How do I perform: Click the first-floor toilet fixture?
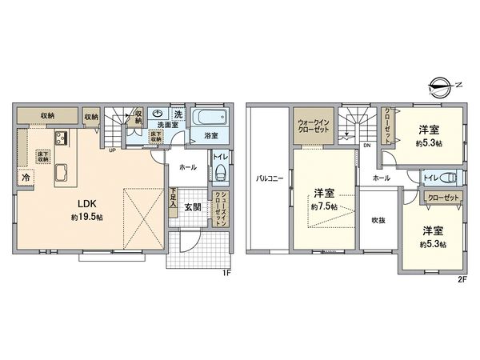pos(220,174)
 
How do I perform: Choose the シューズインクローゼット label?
pos(220,211)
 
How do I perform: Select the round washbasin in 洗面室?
pos(158,114)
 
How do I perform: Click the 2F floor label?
pos(462,279)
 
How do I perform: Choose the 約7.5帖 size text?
pos(323,206)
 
